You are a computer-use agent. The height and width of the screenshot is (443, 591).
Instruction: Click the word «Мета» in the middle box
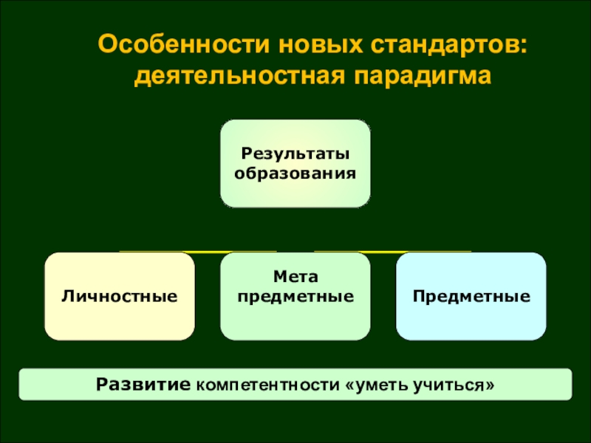pos(295,277)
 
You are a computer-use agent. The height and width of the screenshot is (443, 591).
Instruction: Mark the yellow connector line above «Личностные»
pos(197,252)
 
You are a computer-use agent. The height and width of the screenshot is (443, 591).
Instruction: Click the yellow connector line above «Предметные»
pos(393,252)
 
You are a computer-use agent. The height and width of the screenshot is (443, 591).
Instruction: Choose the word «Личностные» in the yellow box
pos(120,297)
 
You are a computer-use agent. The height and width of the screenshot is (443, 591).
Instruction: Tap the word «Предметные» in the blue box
pos(471,297)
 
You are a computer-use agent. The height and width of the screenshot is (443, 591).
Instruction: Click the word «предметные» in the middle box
pos(295,297)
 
